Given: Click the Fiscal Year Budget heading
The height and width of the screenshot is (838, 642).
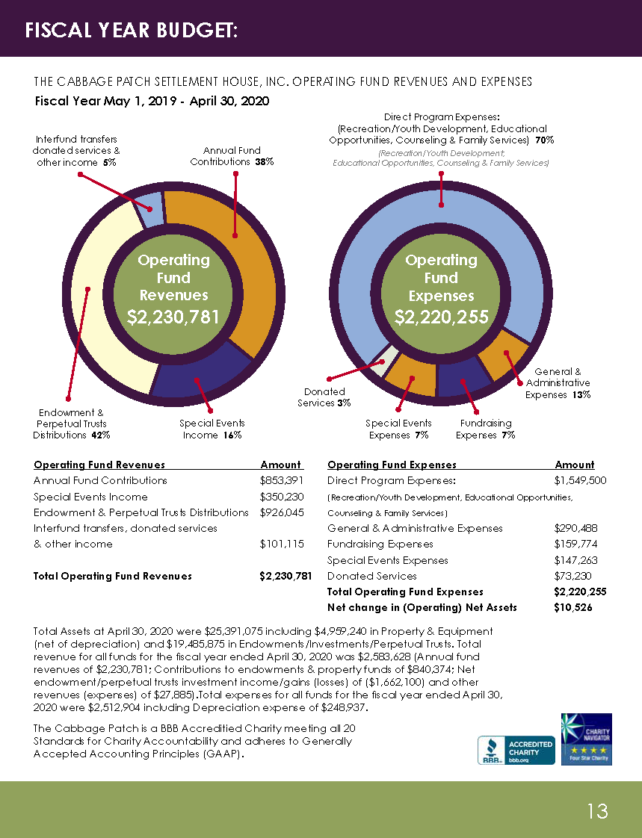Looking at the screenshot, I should click(x=132, y=31).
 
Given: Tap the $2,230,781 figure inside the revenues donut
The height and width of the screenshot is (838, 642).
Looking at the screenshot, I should click(x=173, y=317).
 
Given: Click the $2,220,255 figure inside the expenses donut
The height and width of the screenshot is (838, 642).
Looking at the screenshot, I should click(x=441, y=317).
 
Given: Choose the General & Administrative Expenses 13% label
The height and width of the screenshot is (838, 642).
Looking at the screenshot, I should click(x=558, y=383).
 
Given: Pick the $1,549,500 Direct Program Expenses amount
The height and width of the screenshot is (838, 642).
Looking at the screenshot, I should click(x=580, y=480).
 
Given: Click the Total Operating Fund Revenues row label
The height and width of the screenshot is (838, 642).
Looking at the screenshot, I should click(x=113, y=576).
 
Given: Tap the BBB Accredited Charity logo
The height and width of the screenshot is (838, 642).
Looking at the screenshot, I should click(x=516, y=750).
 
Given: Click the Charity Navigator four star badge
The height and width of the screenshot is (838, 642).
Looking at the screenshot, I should click(x=586, y=738).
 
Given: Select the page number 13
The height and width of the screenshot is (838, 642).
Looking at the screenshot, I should click(x=597, y=810).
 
